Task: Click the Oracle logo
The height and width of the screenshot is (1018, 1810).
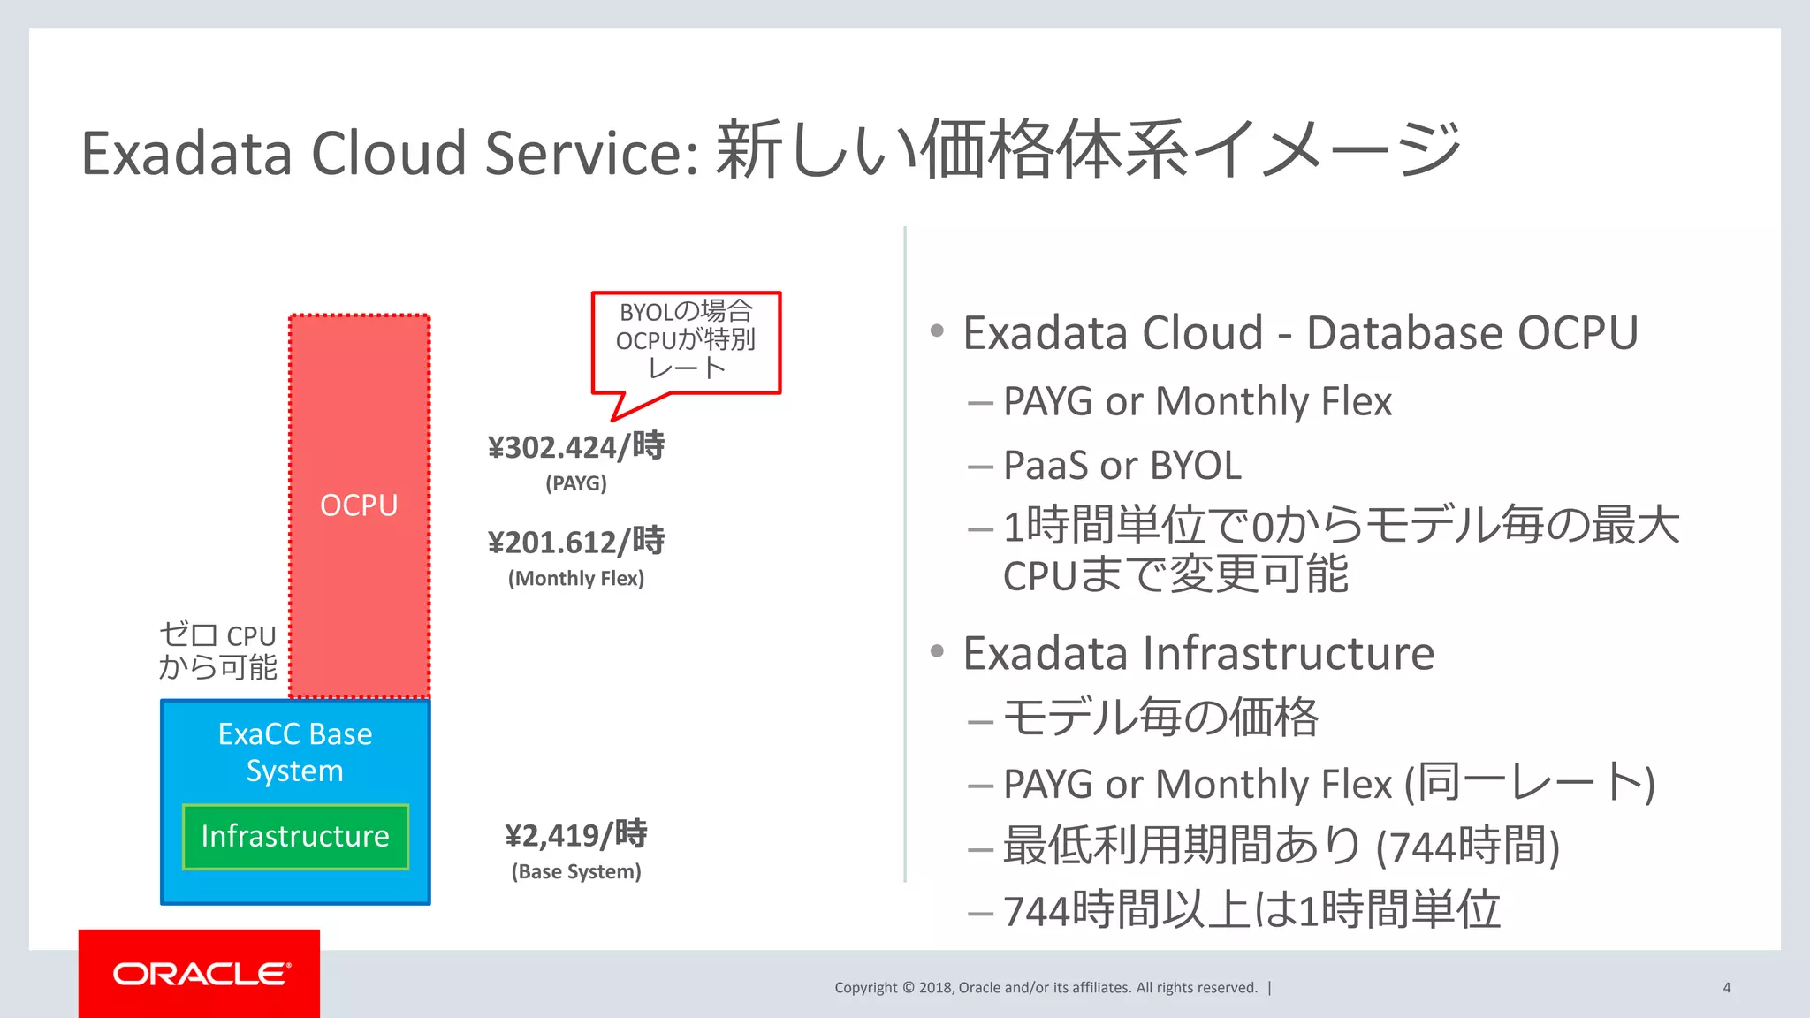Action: (x=201, y=974)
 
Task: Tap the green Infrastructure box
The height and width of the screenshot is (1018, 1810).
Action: (x=295, y=836)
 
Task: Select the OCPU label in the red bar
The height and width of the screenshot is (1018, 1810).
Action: (x=359, y=505)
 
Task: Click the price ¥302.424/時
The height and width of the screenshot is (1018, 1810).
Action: (x=575, y=446)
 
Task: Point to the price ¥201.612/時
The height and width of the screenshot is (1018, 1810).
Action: (x=575, y=541)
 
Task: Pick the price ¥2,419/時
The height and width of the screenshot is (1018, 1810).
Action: (x=575, y=834)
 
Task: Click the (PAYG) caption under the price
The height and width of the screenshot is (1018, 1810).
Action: (x=575, y=483)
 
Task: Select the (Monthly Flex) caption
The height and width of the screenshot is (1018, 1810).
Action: (x=575, y=579)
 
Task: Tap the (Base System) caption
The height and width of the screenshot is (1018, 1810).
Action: (x=575, y=872)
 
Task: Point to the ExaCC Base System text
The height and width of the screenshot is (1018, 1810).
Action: (x=295, y=752)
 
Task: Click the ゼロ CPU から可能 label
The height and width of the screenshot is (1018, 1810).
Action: (x=217, y=651)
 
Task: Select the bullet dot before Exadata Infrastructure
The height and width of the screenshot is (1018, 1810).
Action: (x=938, y=652)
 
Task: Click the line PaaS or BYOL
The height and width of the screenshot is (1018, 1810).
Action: (x=1122, y=466)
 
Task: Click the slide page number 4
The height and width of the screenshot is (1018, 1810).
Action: (x=1726, y=988)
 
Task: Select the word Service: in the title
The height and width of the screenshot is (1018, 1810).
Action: (x=592, y=153)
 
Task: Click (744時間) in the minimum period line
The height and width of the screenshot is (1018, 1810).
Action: (x=1467, y=847)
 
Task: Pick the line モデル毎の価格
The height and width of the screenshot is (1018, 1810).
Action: (x=1160, y=717)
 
